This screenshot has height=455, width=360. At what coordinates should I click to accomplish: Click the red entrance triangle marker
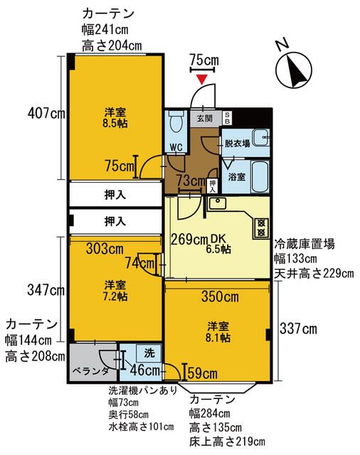[204, 77]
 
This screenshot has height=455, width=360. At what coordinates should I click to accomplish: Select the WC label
[176, 147]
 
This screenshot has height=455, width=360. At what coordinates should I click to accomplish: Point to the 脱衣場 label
[237, 144]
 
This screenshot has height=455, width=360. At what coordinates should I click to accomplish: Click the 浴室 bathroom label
[236, 176]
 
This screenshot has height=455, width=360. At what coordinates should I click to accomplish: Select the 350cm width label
[219, 296]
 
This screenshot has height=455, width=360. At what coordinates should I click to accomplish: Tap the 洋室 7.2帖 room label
[115, 290]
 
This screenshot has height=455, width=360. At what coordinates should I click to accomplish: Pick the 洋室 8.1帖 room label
[218, 331]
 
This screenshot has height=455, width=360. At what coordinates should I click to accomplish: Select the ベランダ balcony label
[90, 371]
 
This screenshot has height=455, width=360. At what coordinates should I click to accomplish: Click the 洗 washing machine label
[149, 353]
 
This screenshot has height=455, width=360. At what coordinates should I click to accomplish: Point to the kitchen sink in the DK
[217, 204]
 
